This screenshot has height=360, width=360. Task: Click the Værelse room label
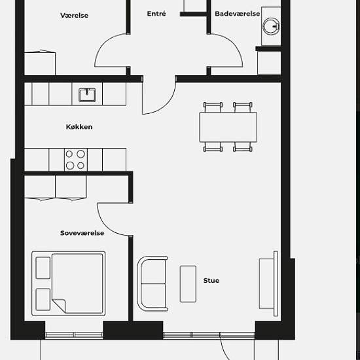click(x=74, y=16)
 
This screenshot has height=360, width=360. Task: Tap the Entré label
click(x=156, y=14)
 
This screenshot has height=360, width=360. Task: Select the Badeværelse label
click(x=237, y=14)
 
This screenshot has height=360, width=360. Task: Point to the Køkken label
click(x=79, y=127)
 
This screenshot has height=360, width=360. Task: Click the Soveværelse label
click(x=82, y=233)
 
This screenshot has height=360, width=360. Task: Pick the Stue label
click(x=211, y=280)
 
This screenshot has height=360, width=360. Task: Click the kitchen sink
click(x=87, y=95)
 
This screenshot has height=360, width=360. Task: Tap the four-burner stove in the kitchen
click(x=76, y=160)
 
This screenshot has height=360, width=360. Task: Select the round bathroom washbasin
click(x=271, y=26)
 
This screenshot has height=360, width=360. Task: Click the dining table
click(x=228, y=127)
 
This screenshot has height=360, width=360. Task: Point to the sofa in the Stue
click(x=153, y=283)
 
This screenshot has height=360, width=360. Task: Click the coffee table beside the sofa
click(x=188, y=284)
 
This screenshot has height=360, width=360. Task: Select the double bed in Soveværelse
click(x=69, y=283)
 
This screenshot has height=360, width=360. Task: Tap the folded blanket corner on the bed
click(x=59, y=306)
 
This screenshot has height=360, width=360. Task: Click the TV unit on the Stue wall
click(x=268, y=284)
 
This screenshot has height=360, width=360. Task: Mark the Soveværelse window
click(x=74, y=335)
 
